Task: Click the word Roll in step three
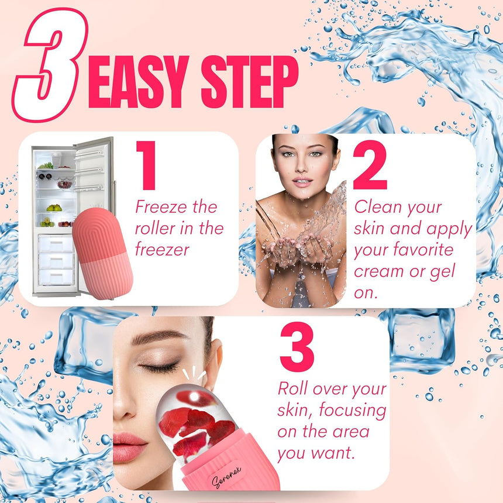click(292, 388)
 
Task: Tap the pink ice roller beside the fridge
click(103, 251)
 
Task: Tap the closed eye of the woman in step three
click(159, 368)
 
